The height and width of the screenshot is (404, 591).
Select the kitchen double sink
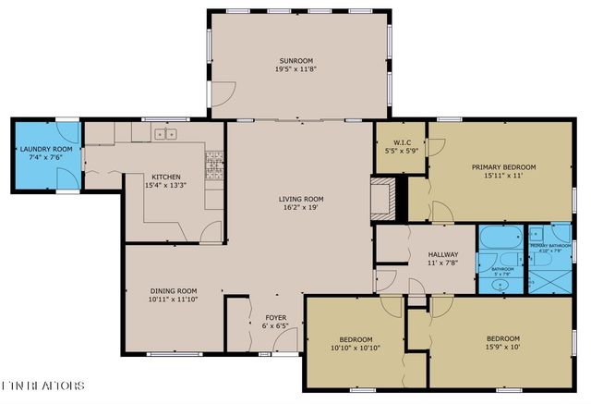coord(166,135)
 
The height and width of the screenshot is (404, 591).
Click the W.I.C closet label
coord(399,141)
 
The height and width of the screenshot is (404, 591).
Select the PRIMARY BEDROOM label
coord(503,167)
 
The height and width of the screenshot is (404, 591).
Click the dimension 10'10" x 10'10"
coord(356,349)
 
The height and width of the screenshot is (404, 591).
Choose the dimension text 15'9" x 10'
coord(503,348)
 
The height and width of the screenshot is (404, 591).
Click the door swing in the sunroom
coord(223,92)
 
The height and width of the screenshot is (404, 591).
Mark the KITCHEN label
coord(166,177)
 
